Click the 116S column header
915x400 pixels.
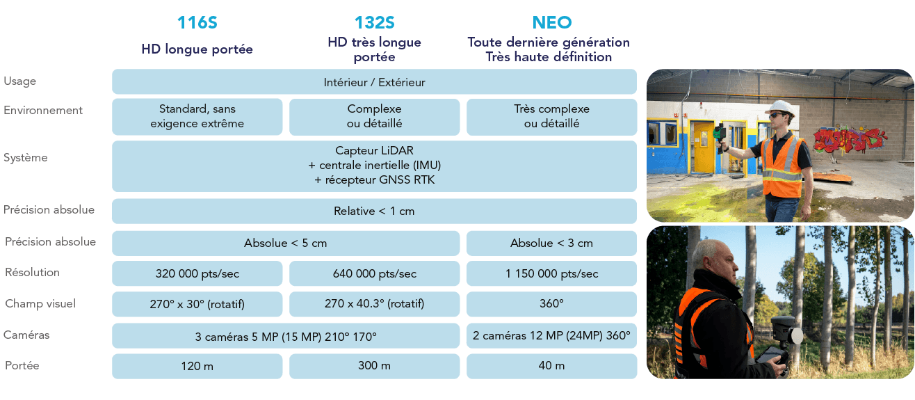pyautogui.click(x=197, y=22)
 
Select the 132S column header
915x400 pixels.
pyautogui.click(x=374, y=22)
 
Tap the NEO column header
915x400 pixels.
pyautogui.click(x=551, y=22)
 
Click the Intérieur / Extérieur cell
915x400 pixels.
pyautogui.click(x=374, y=81)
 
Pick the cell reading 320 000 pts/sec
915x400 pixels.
pyautogui.click(x=197, y=273)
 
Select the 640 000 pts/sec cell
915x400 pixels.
pyautogui.click(x=374, y=273)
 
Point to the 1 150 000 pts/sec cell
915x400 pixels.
pyautogui.click(x=551, y=273)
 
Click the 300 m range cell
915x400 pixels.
pyautogui.click(x=374, y=366)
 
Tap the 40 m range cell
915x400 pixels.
pyautogui.click(x=551, y=366)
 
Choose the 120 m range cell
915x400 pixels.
pyautogui.click(x=197, y=366)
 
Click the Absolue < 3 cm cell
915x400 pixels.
pyautogui.click(x=551, y=243)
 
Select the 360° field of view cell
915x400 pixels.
pyautogui.click(x=551, y=304)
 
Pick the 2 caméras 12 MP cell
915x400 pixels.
pyautogui.click(x=551, y=335)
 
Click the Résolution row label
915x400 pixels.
pyautogui.click(x=32, y=272)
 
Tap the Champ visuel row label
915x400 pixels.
pyautogui.click(x=40, y=303)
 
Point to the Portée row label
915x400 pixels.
pyautogui.click(x=22, y=365)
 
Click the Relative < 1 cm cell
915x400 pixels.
pyautogui.click(x=374, y=211)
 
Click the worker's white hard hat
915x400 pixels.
pyautogui.click(x=782, y=109)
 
